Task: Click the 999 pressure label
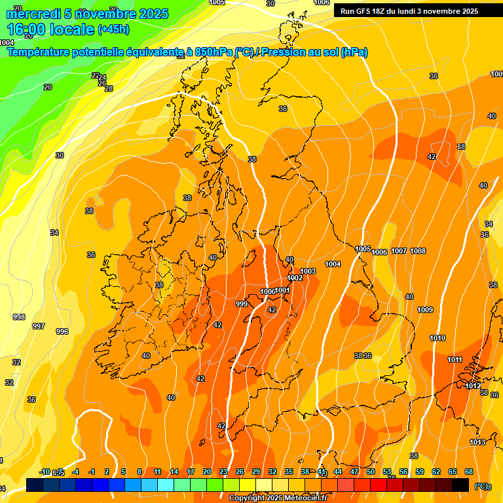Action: [x=242, y=304]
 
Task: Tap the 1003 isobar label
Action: [x=308, y=271]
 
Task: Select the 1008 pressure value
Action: [x=418, y=251]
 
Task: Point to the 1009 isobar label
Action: [x=425, y=310]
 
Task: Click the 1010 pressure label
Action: [x=438, y=338]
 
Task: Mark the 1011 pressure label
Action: [x=455, y=360]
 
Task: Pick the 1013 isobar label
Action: [x=477, y=442]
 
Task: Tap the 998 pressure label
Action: [x=19, y=317]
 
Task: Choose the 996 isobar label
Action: [x=62, y=331]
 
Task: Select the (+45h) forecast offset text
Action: [x=113, y=29]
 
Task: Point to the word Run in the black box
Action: [x=348, y=11]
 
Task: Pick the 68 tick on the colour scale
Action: [x=469, y=472]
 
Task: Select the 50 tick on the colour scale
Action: [x=371, y=472]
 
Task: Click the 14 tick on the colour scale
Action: [x=174, y=472]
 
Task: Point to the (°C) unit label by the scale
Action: [x=481, y=486]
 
